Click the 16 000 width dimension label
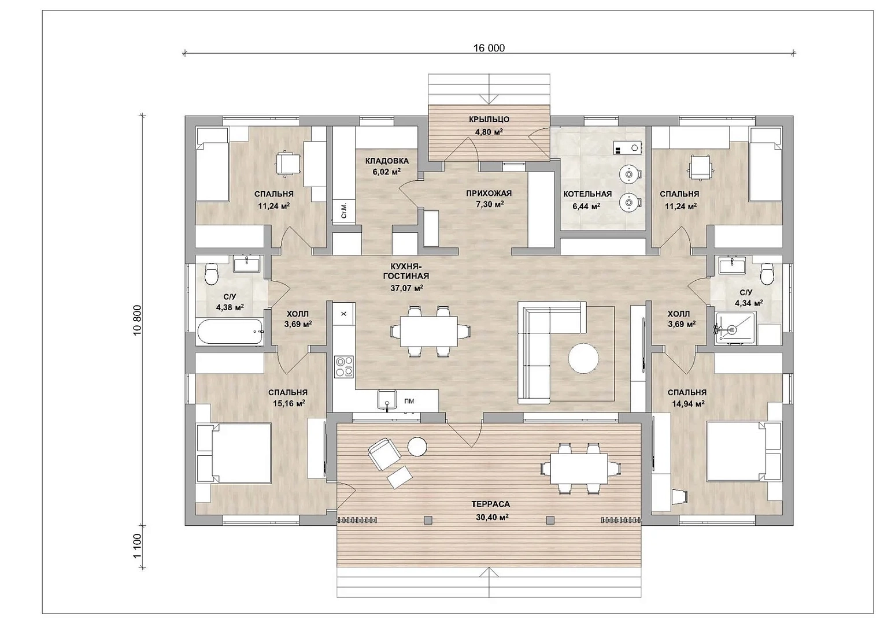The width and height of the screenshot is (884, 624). tap(489, 48)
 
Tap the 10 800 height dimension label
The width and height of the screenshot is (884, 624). tap(137, 320)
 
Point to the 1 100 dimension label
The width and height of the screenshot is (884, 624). tap(137, 546)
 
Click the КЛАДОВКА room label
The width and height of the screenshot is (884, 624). tap(387, 161)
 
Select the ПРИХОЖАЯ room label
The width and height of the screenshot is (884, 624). tap(489, 194)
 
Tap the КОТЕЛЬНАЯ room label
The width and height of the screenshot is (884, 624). tap(587, 194)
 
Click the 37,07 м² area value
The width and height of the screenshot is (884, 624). tap(406, 288)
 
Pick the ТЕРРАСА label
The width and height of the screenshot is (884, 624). tap(490, 504)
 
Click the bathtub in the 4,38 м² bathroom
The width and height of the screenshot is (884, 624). tap(230, 331)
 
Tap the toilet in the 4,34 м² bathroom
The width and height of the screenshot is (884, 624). tap(767, 274)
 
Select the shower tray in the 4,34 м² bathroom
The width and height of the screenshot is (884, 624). tap(735, 329)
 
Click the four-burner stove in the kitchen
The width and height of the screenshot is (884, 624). tap(344, 367)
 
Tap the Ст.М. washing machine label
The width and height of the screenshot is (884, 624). tap(344, 211)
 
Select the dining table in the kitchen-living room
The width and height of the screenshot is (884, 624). tap(429, 331)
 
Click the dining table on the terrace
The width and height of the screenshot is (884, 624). tap(579, 469)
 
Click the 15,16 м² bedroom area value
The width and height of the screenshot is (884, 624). tap(289, 403)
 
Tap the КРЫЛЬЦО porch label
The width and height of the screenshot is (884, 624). tap(489, 119)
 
